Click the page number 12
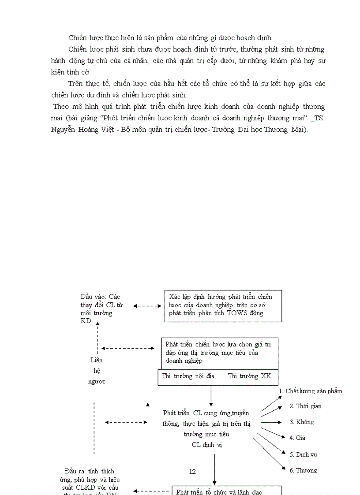coord(192,472)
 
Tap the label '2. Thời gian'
coord(305,406)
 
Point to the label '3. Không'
coord(302,422)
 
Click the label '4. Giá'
coord(297,438)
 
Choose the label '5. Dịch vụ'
coord(303,454)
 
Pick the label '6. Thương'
coord(303,470)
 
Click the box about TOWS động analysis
coord(223,305)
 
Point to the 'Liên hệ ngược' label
coord(97,371)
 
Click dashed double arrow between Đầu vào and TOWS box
coord(147,305)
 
